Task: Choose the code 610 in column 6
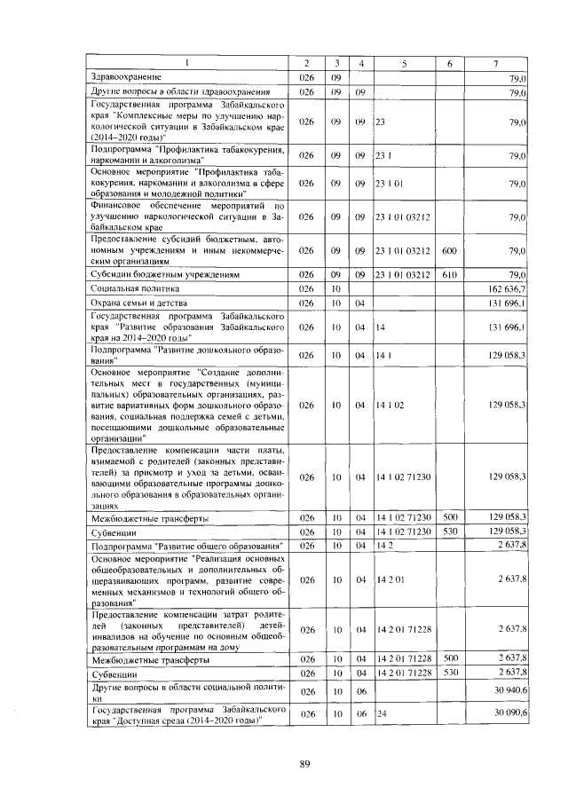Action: pos(449,274)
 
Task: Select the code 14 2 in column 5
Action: pos(384,544)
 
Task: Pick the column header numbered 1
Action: pos(187,64)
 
